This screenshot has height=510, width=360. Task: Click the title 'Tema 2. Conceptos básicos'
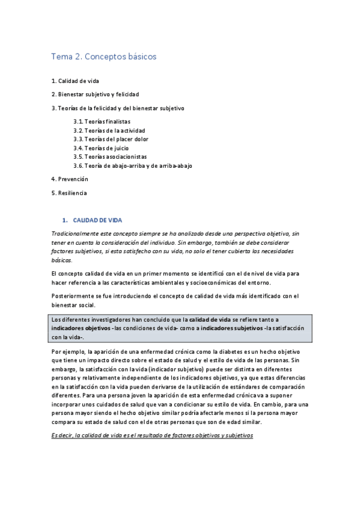coord(103,57)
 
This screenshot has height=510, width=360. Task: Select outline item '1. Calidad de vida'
coord(75,81)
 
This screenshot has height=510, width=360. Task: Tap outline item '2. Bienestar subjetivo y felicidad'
coord(95,94)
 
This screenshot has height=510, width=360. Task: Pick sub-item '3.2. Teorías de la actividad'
coord(109,130)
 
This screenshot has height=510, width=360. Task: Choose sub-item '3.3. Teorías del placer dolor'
coord(111,139)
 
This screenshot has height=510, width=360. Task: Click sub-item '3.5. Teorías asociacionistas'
coord(109,156)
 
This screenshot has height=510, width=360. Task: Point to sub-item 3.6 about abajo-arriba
coord(132,165)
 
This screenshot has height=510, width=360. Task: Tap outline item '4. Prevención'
coord(70,179)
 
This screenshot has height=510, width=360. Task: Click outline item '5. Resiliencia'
coord(69,192)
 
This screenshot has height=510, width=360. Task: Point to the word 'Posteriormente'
coord(70,295)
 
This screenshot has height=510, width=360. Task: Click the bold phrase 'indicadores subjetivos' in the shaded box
coord(228,328)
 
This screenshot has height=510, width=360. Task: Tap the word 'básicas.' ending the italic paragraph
coord(61,260)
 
